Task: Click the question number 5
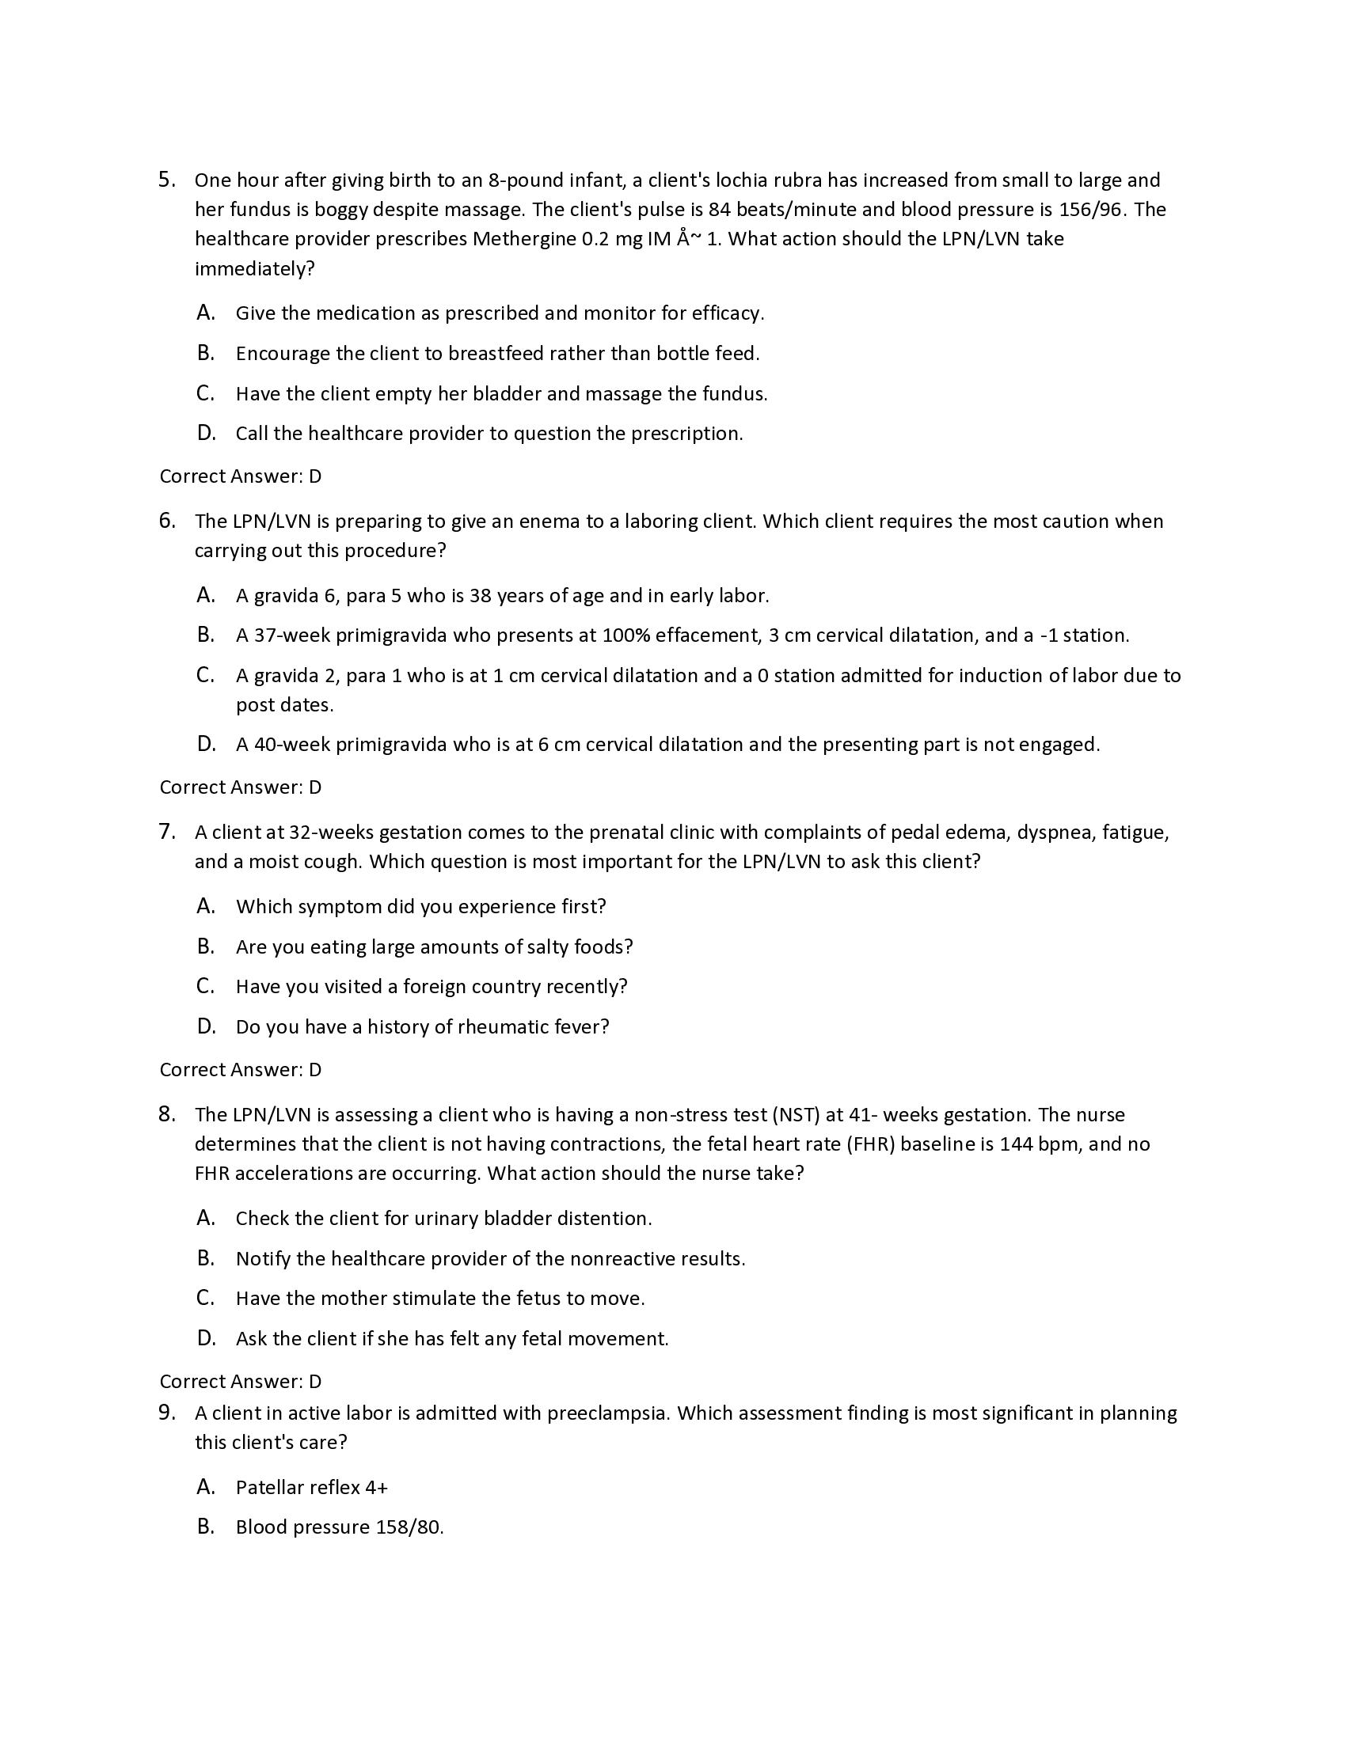165,180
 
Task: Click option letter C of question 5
205,394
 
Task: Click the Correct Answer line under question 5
240,476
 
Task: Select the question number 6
165,522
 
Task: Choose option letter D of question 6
206,745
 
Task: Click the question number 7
165,833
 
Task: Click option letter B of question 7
206,947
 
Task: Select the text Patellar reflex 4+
312,1488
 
